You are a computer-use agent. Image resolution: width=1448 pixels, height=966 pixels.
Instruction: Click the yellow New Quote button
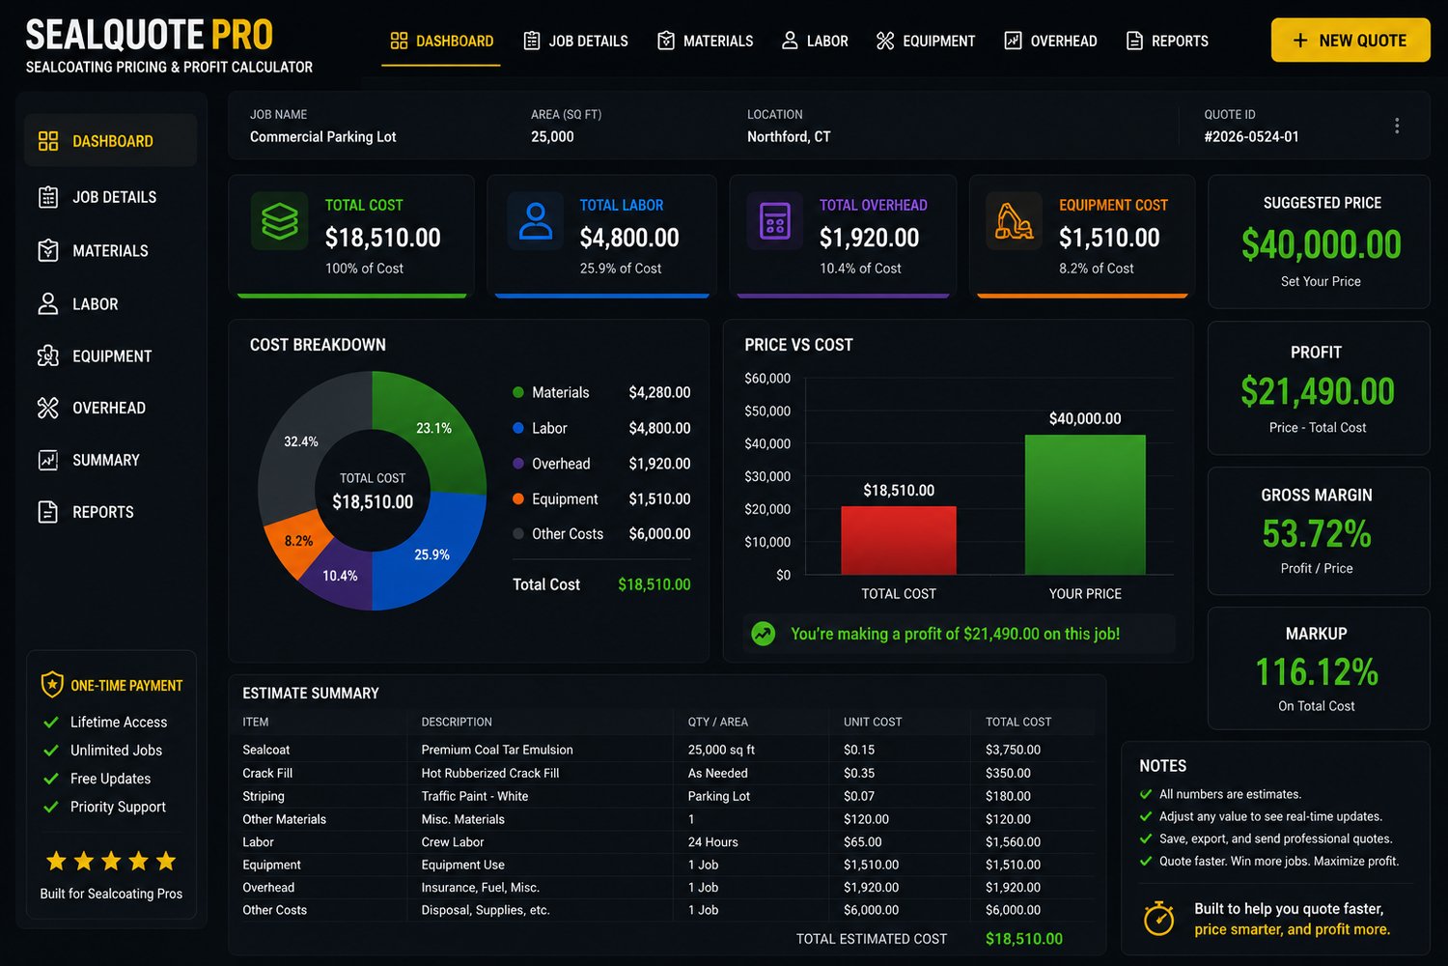(1350, 41)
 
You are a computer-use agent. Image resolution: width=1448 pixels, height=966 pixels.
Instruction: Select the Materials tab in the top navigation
(706, 41)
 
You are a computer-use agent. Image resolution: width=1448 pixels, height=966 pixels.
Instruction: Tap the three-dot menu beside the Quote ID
(1396, 126)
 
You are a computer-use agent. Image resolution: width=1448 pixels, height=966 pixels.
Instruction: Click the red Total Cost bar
(898, 540)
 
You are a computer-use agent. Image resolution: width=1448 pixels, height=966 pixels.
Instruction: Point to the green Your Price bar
(1085, 504)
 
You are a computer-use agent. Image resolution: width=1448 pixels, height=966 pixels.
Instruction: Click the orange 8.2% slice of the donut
(294, 539)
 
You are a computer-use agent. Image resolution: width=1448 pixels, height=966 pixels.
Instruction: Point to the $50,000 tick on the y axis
(767, 411)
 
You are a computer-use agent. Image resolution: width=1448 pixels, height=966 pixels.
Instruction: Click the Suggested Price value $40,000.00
(1321, 244)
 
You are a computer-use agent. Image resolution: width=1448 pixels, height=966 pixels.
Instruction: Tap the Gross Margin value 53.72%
(1317, 534)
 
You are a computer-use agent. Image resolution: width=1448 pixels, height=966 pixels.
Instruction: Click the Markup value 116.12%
(1317, 671)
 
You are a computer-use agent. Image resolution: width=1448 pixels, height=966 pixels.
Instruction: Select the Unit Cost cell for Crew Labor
(862, 841)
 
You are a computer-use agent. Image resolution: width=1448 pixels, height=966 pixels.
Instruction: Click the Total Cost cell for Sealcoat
(1013, 750)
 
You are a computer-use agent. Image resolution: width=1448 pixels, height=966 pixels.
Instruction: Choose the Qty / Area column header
(717, 722)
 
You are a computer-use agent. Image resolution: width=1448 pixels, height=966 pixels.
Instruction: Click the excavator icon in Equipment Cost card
(1013, 221)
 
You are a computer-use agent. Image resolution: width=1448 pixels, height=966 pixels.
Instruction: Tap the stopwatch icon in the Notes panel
(1158, 918)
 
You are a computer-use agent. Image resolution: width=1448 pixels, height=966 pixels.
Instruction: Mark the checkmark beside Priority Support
(50, 807)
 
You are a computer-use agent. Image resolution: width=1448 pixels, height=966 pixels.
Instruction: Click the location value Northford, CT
(789, 136)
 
